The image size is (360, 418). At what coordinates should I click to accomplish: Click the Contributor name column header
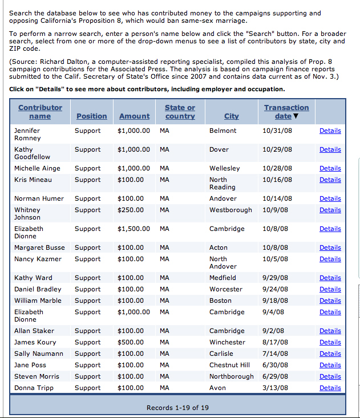coord(40,112)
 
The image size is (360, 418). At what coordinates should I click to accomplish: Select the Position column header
coord(91,116)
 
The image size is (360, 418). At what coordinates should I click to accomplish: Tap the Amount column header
coord(134,116)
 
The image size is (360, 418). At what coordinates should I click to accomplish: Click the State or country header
coord(180,112)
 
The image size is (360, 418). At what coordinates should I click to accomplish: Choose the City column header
coord(232,116)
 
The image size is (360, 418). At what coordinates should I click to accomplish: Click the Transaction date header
coord(286,112)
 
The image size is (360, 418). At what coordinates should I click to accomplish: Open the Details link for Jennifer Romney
coord(330,131)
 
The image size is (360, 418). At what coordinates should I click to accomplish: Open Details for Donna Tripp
coord(330,388)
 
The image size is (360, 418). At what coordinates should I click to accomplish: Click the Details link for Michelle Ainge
coord(330,168)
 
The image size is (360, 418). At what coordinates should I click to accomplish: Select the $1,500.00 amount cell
coord(134,229)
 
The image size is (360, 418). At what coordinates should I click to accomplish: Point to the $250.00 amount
coord(131,210)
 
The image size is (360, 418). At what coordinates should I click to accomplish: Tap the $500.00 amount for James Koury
coord(131,342)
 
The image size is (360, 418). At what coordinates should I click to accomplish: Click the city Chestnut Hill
coord(229,365)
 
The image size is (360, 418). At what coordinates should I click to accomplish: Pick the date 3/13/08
coord(275,388)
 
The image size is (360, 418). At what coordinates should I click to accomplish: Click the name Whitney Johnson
coord(27,213)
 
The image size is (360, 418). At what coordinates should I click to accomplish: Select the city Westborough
coord(230,210)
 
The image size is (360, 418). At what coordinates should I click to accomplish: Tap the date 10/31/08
coord(277,131)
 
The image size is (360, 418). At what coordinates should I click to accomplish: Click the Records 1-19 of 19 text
coord(177,408)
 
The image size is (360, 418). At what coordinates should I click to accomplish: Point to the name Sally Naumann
coord(38,354)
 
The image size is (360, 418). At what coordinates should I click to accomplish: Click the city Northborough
coord(232,376)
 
